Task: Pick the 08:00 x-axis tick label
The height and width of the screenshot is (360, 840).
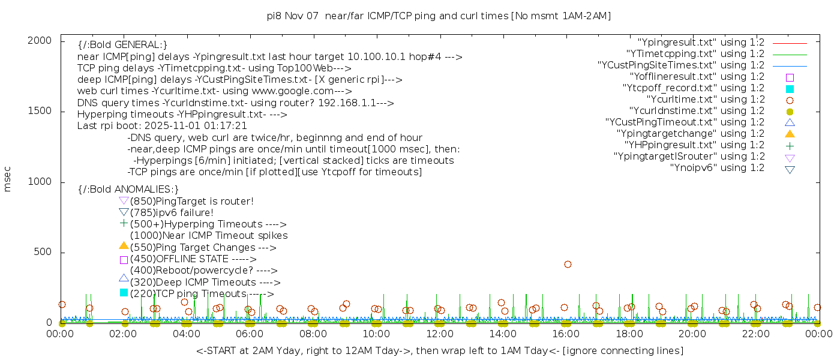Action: [313, 334]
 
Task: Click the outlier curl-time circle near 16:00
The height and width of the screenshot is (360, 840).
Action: [568, 264]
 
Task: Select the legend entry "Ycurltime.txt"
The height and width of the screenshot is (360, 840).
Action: [705, 100]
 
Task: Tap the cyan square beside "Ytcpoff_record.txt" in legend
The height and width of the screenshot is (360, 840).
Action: [790, 89]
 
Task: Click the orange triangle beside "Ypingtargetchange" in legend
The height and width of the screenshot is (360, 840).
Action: [790, 134]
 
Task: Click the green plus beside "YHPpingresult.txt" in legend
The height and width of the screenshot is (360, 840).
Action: [790, 146]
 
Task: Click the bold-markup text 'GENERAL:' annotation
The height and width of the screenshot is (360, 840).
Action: [122, 46]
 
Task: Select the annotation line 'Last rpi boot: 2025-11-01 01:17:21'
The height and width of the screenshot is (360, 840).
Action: [162, 126]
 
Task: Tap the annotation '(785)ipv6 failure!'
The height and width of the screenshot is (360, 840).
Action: [172, 213]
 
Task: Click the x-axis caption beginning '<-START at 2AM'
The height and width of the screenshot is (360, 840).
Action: [439, 350]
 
